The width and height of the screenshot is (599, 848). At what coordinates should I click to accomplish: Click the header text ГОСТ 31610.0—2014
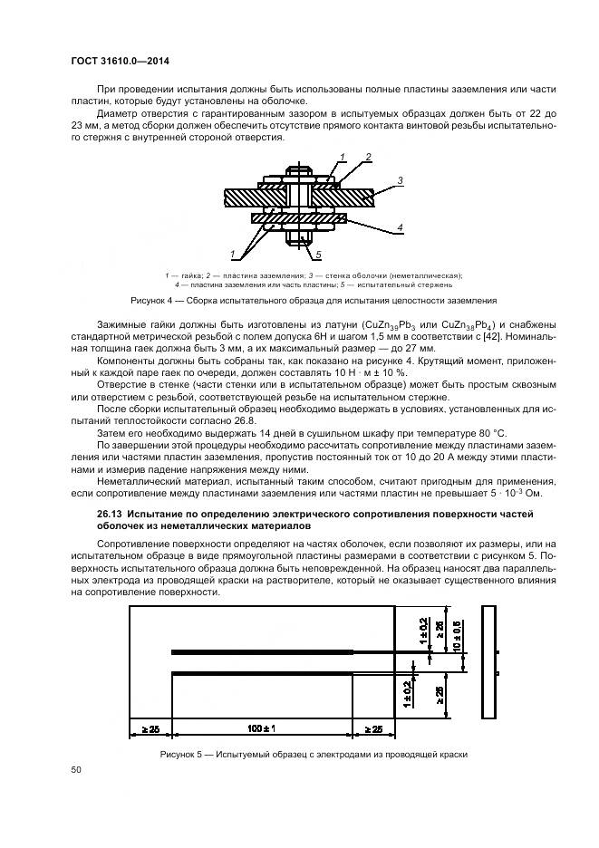(x=121, y=61)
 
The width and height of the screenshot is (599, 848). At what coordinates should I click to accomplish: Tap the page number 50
(x=76, y=769)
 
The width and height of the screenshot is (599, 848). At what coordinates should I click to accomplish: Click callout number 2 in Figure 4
(x=369, y=158)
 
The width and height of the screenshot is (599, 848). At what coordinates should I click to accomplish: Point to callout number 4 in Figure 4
(x=399, y=226)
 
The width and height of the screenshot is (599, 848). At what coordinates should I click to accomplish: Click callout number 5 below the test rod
(x=318, y=255)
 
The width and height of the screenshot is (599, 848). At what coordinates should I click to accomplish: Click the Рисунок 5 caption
(x=313, y=755)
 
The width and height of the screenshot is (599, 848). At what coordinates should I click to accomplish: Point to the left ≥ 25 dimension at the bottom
(x=150, y=728)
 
